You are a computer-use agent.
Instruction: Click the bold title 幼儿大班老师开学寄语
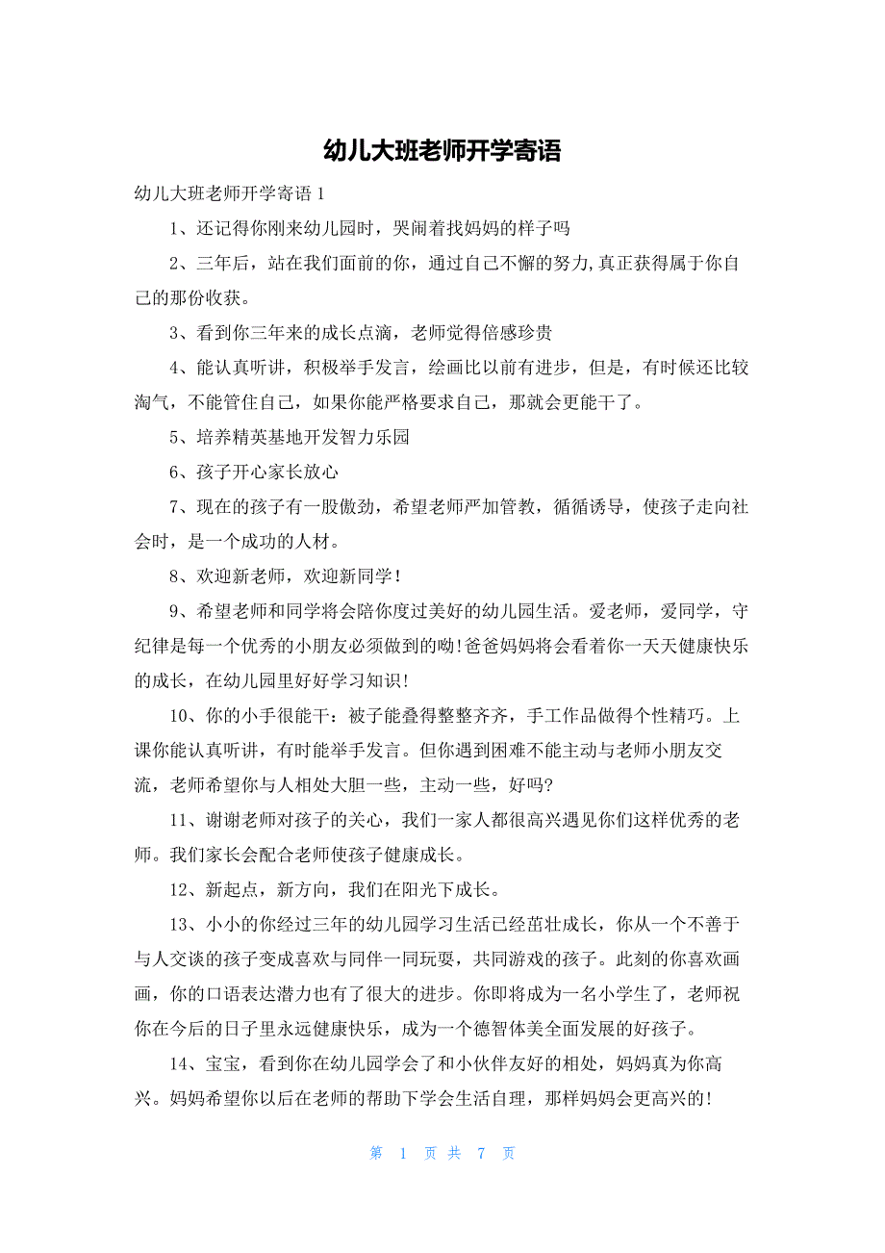click(442, 151)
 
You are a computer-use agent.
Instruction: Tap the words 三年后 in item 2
click(229, 264)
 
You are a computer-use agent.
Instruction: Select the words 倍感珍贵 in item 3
click(516, 333)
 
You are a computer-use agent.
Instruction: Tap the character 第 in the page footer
click(377, 1153)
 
